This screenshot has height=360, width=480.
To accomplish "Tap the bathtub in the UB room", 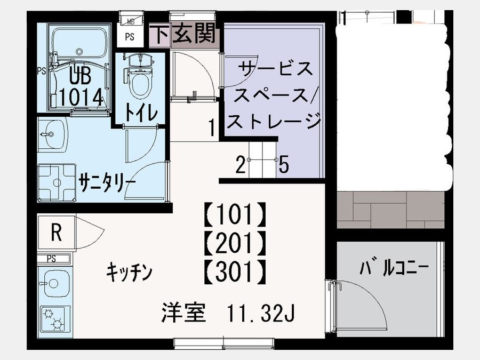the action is point(79,43).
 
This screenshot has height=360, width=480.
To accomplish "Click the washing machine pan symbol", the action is point(57,183).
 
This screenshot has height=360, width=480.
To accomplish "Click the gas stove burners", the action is point(53,319).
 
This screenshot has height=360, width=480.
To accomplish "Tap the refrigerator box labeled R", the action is point(57,233).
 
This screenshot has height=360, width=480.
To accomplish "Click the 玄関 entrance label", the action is point(194,33).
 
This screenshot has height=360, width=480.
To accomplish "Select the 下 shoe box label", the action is point(160,34).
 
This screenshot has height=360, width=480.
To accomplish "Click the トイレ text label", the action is point(141,113).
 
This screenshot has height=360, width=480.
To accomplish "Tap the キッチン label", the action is point(129,273).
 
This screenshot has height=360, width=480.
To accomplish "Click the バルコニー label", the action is point(394,267).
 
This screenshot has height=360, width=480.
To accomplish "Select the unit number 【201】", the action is point(235,243).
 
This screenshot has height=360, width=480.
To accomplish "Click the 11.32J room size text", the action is point(261,314).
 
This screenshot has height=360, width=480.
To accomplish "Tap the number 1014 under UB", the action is point(81,97).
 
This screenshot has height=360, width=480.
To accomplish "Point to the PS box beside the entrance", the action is point(130,37).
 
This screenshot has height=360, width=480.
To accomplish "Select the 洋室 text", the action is point(183,313).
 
